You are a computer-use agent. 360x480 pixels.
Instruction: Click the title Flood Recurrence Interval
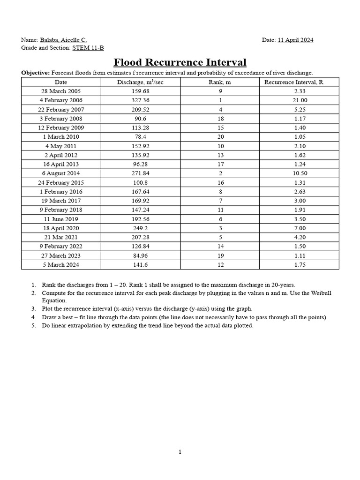pyautogui.click(x=180, y=62)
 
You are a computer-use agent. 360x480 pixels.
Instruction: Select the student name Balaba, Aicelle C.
pyautogui.click(x=63, y=40)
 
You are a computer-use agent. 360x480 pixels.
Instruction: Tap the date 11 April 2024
pyautogui.click(x=295, y=40)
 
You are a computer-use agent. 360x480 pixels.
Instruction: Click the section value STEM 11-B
pyautogui.click(x=88, y=48)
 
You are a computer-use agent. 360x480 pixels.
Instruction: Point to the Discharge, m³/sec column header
pyautogui.click(x=140, y=82)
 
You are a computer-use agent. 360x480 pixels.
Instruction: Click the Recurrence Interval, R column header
pyautogui.click(x=294, y=82)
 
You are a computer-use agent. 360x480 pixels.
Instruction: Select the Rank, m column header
pyautogui.click(x=220, y=82)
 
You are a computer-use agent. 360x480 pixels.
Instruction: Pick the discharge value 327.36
pyautogui.click(x=140, y=100)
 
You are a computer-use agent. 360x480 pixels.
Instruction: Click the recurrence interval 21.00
pyautogui.click(x=299, y=100)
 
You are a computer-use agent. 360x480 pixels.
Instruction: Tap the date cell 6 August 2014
pyautogui.click(x=60, y=173)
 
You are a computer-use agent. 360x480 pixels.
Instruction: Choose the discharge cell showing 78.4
pyautogui.click(x=140, y=137)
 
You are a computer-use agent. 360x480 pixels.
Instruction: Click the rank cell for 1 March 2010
pyautogui.click(x=220, y=137)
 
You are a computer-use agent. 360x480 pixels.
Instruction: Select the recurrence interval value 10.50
pyautogui.click(x=299, y=173)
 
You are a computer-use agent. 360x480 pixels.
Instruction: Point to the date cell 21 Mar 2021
pyautogui.click(x=60, y=237)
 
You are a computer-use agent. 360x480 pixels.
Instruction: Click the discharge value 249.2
pyautogui.click(x=140, y=228)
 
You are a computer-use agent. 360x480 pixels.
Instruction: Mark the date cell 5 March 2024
pyautogui.click(x=60, y=265)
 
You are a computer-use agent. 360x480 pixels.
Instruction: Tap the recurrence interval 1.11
pyautogui.click(x=299, y=255)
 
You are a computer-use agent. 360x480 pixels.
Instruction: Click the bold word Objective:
pyautogui.click(x=35, y=73)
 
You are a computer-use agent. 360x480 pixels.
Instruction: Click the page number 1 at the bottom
pyautogui.click(x=180, y=452)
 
